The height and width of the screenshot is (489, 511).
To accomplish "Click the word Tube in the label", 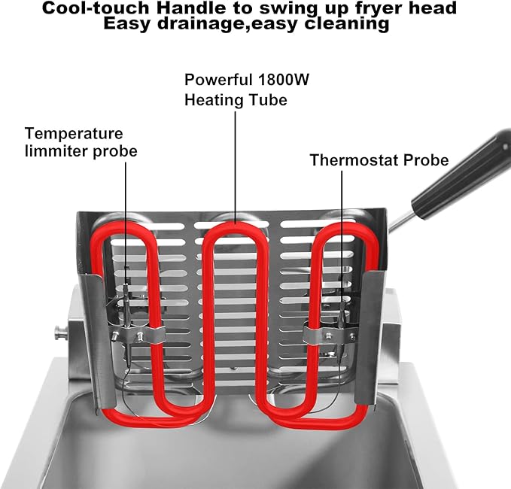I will [x=270, y=99].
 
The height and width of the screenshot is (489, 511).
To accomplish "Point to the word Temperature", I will [x=74, y=133].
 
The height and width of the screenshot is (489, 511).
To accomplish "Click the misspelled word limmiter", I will [x=58, y=151].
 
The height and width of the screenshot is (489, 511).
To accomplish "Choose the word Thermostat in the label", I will [x=353, y=160].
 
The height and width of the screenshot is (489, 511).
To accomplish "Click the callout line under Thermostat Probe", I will [x=342, y=226].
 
